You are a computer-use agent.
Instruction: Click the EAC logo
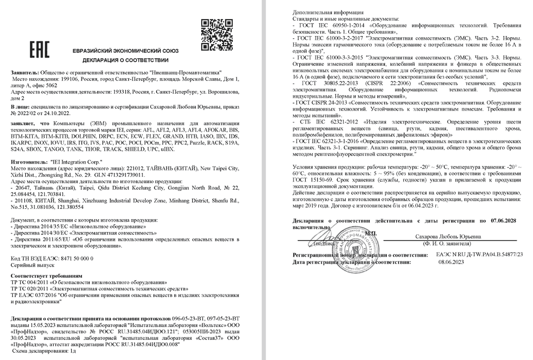pos(39,50)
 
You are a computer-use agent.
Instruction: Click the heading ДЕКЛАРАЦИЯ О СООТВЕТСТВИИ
pos(125,60)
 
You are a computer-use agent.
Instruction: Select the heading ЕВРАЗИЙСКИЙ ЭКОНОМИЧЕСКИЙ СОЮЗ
pos(125,51)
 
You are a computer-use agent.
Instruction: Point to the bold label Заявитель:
pos(26,72)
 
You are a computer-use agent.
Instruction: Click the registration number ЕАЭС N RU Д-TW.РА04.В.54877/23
pos(479,255)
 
